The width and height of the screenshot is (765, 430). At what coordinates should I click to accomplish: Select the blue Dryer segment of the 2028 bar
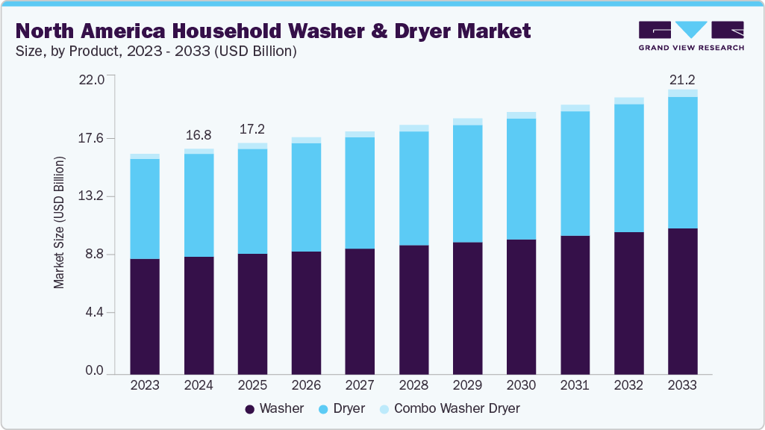point(413,188)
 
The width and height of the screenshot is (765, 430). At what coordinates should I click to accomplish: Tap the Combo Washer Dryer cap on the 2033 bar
point(682,93)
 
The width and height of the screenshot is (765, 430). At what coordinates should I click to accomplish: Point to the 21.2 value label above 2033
point(682,80)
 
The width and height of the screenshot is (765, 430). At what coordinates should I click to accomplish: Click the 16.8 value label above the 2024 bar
point(199,135)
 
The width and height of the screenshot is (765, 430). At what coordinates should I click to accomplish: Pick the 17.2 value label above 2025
point(252,130)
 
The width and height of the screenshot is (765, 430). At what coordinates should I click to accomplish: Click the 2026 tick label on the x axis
point(306,385)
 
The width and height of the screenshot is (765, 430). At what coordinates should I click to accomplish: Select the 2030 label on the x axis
point(521,385)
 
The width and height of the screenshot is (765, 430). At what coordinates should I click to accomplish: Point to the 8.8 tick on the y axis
point(94,255)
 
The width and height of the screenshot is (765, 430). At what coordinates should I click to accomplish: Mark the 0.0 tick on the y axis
point(94,371)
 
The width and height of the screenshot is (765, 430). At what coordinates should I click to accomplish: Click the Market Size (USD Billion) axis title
point(59,222)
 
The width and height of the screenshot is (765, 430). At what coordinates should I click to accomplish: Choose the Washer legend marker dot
point(249,409)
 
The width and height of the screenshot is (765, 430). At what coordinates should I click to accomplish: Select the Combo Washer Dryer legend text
point(457,409)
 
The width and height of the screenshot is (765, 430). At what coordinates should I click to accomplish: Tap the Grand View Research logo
point(691,36)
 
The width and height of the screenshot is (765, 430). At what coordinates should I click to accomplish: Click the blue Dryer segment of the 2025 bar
point(252,202)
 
